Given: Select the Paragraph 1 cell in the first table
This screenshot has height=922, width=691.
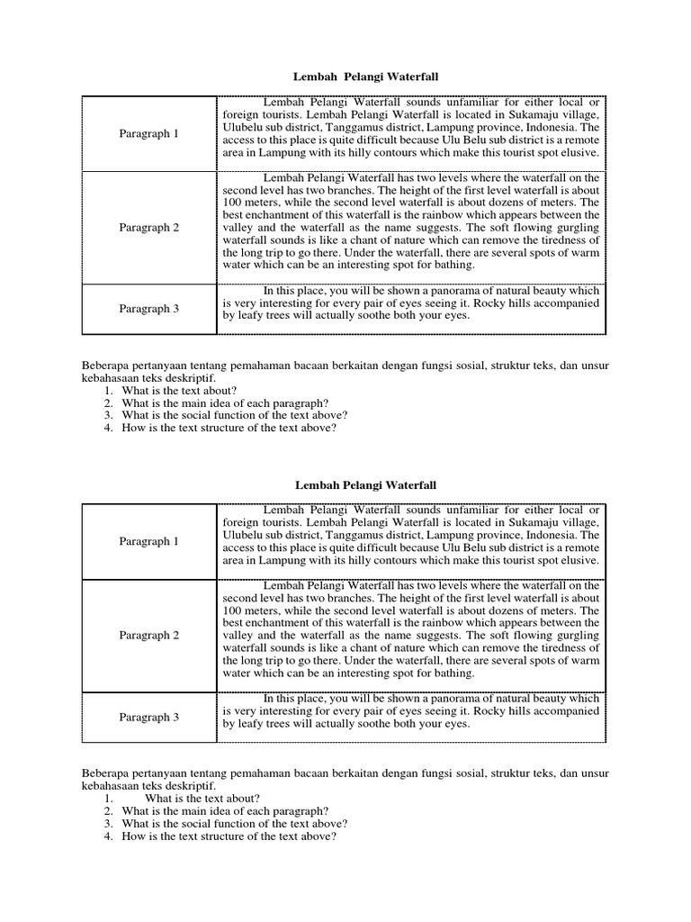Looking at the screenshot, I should [x=149, y=134].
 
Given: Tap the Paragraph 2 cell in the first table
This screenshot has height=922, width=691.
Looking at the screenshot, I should [x=149, y=228].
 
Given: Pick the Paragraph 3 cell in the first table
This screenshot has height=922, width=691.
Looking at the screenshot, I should [x=149, y=309].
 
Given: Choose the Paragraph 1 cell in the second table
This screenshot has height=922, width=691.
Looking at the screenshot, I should [x=149, y=541].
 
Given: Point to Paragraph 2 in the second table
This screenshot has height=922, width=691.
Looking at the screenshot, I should [x=149, y=635].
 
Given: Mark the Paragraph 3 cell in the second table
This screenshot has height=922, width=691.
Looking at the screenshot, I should [x=149, y=717].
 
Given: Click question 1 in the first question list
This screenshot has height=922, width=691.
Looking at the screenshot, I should [x=179, y=390].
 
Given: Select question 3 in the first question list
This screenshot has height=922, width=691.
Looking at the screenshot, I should [x=235, y=415].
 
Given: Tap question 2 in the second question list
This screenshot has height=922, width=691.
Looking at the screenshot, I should [x=225, y=810].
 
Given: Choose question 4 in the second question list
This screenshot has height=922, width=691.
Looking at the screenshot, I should [x=229, y=836].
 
